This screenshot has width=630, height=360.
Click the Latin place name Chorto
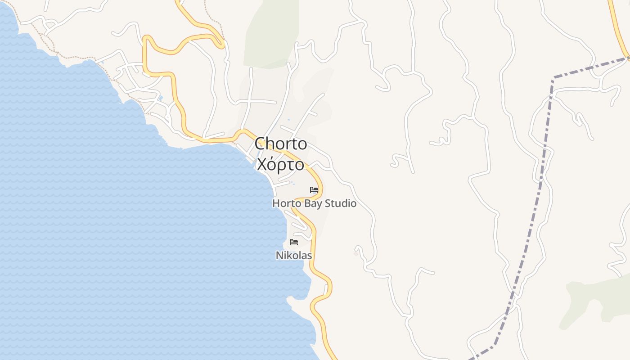click(281, 144)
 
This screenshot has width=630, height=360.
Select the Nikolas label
click(294, 256)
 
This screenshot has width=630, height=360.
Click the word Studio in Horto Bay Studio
click(340, 203)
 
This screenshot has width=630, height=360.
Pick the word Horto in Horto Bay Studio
click(287, 203)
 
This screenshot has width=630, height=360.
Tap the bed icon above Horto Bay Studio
click(314, 190)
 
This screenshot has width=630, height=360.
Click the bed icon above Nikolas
click(294, 242)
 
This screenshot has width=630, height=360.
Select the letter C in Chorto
click(260, 144)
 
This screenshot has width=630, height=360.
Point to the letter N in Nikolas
click(279, 256)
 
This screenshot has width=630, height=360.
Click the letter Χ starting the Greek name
click(261, 165)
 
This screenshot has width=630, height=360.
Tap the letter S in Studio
click(327, 203)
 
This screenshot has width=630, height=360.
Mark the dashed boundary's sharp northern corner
click(553, 78)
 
